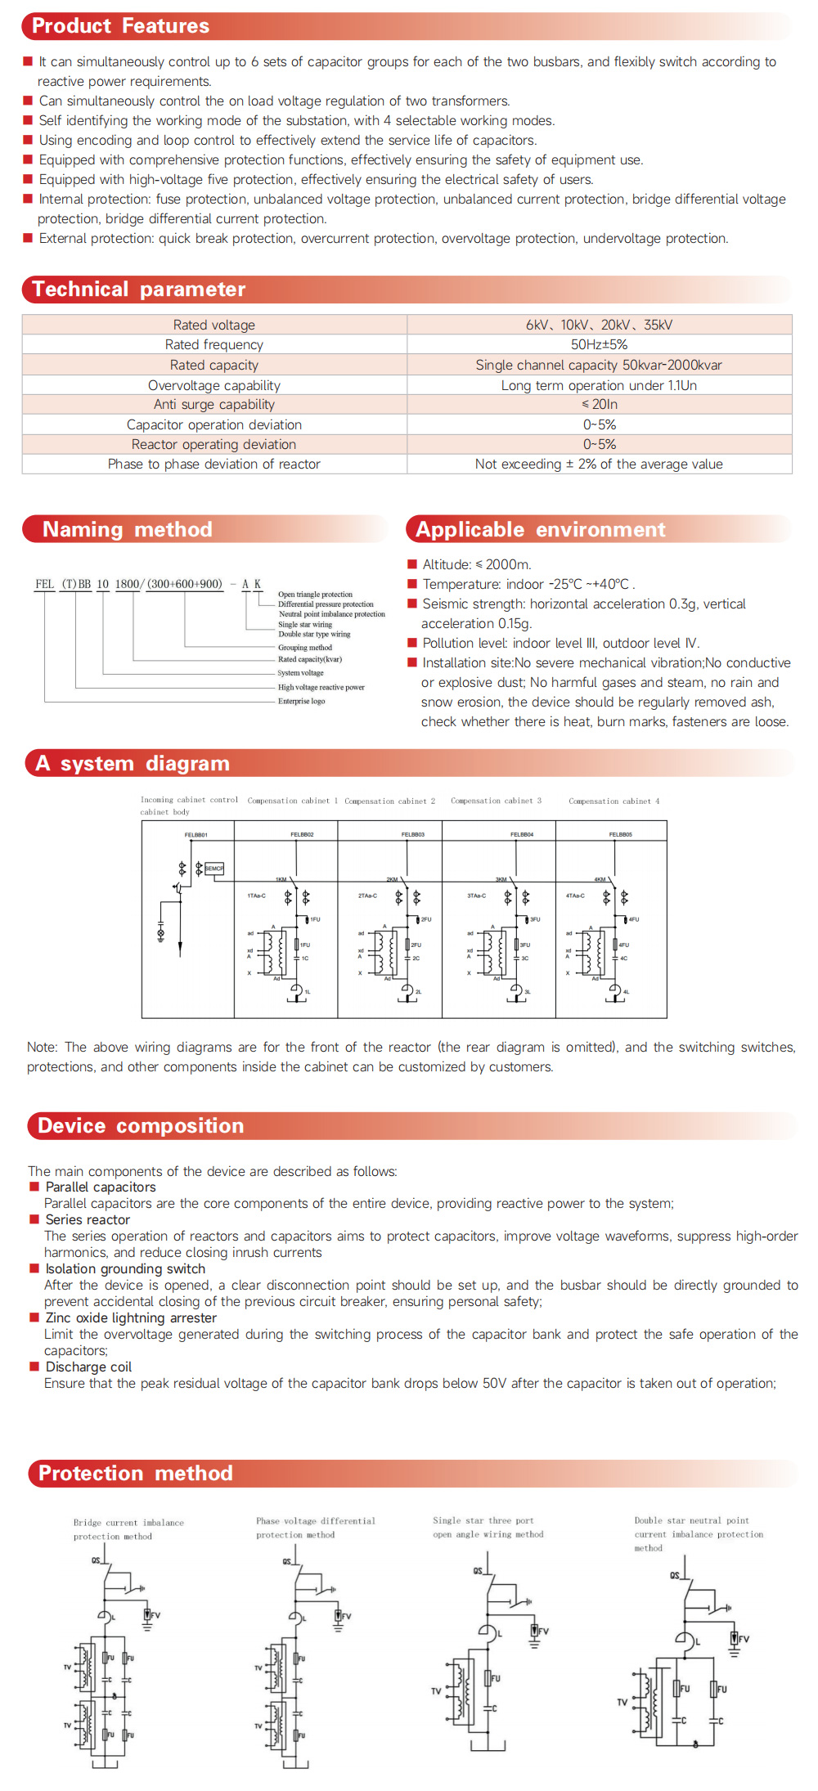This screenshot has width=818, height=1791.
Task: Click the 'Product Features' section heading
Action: [x=120, y=26]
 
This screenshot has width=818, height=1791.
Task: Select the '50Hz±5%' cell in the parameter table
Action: [x=599, y=344]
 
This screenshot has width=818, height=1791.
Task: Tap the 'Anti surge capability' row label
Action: [x=214, y=404]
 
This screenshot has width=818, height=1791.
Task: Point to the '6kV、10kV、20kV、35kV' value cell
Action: [x=599, y=325]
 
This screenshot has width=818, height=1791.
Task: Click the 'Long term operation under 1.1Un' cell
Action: [x=599, y=385]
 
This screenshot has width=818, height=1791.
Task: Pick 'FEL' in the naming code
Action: [x=44, y=584]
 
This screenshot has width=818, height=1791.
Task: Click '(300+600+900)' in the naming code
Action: [x=184, y=584]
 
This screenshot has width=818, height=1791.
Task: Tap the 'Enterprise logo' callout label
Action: [x=301, y=701]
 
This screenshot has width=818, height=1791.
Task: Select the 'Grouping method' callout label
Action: [x=305, y=647]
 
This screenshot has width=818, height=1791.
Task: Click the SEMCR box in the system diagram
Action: [x=213, y=868]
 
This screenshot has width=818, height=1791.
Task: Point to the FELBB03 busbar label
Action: [x=412, y=834]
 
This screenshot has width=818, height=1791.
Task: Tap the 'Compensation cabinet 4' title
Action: [x=613, y=801]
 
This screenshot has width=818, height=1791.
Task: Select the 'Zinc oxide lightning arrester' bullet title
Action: [x=131, y=1317]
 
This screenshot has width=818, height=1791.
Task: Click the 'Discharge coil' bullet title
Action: [x=88, y=1367]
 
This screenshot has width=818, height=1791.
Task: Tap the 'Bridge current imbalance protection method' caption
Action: [x=128, y=1529]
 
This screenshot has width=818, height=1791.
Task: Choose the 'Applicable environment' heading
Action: [x=540, y=529]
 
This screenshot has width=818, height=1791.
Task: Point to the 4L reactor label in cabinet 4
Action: [x=627, y=991]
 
